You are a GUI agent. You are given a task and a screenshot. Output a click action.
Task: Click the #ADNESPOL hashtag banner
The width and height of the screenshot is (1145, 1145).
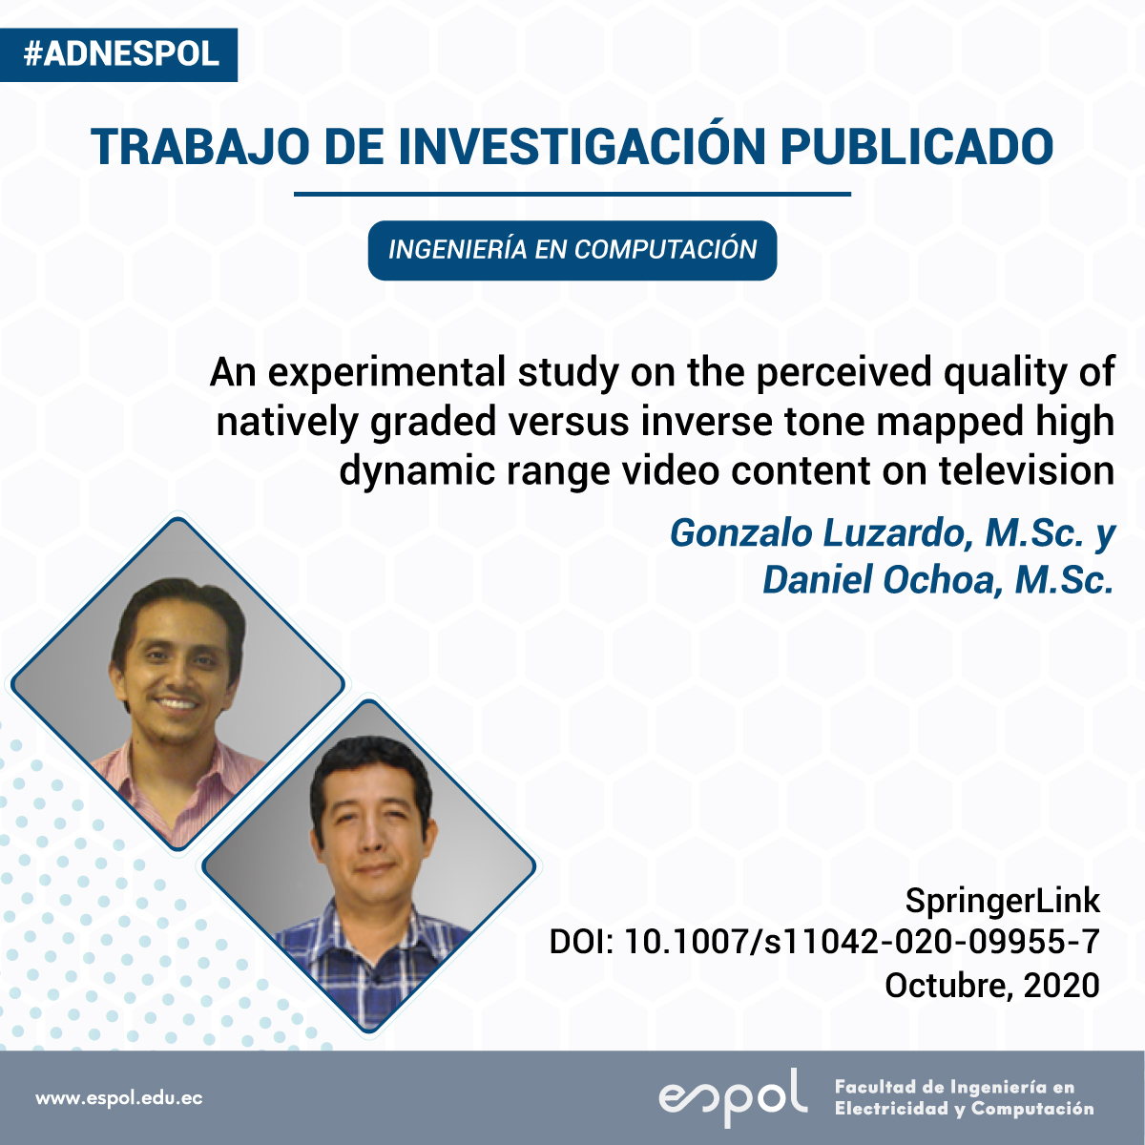pos(119,54)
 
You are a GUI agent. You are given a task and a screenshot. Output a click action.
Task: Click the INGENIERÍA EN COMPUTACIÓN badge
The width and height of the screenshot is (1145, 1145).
pos(572,250)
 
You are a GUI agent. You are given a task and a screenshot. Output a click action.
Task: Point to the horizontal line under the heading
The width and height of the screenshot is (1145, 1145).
pos(572,194)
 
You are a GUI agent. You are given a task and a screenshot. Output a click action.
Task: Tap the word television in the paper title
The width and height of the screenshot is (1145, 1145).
pos(1027,471)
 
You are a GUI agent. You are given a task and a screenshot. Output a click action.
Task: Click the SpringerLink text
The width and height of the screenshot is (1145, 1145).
pos(1003,901)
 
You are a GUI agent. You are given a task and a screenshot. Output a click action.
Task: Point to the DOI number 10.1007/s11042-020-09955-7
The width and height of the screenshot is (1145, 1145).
pos(863,942)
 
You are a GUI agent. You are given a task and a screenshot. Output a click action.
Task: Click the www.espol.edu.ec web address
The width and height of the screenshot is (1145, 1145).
pos(119,1098)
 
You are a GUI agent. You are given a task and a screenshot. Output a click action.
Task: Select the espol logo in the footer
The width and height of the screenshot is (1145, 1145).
pos(733,1096)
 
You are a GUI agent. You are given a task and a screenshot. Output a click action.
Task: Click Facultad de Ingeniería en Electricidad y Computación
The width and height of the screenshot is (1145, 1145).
pos(964,1098)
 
